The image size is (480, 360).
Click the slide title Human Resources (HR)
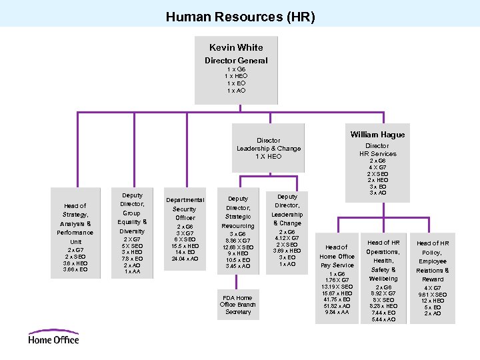(x=240, y=17)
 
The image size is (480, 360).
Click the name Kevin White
(x=236, y=47)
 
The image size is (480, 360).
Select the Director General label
(x=236, y=61)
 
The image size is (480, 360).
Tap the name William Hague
(x=377, y=135)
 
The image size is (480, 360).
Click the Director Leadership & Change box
(x=269, y=148)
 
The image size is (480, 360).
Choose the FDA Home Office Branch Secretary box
(x=238, y=304)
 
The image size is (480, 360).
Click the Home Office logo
(x=53, y=337)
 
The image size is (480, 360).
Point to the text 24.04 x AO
(x=185, y=259)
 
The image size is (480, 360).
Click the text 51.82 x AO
(x=337, y=305)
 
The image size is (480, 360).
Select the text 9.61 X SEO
(x=432, y=294)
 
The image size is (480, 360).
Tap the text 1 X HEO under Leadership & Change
(x=269, y=157)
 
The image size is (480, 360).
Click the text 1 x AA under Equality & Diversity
(x=132, y=271)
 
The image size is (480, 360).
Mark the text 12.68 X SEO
(x=238, y=247)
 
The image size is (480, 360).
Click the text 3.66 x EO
(x=75, y=269)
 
